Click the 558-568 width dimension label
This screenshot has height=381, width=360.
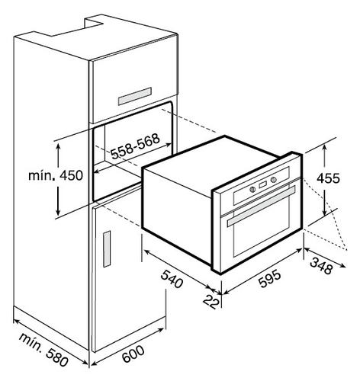coord(135,146)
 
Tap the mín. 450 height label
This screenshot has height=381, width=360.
coord(56,175)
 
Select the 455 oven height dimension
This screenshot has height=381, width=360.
coord(328,178)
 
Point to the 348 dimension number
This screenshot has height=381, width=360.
coord(321,266)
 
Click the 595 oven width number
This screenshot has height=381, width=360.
coord(270,279)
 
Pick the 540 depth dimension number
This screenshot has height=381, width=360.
coord(172,279)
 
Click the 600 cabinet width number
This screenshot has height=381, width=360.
coord(133,354)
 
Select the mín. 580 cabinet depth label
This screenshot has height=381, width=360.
coord(43,350)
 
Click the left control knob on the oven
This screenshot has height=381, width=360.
coord(252,189)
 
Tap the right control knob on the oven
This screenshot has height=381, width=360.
coord(274,180)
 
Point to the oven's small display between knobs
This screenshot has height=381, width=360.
coord(263,184)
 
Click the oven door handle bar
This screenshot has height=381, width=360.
coord(261,206)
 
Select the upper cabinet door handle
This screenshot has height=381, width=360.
coord(135,96)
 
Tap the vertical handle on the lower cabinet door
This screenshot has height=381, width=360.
coord(107,249)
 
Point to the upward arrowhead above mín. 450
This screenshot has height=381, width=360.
coord(59,146)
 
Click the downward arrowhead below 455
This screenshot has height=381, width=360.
coord(325,212)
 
